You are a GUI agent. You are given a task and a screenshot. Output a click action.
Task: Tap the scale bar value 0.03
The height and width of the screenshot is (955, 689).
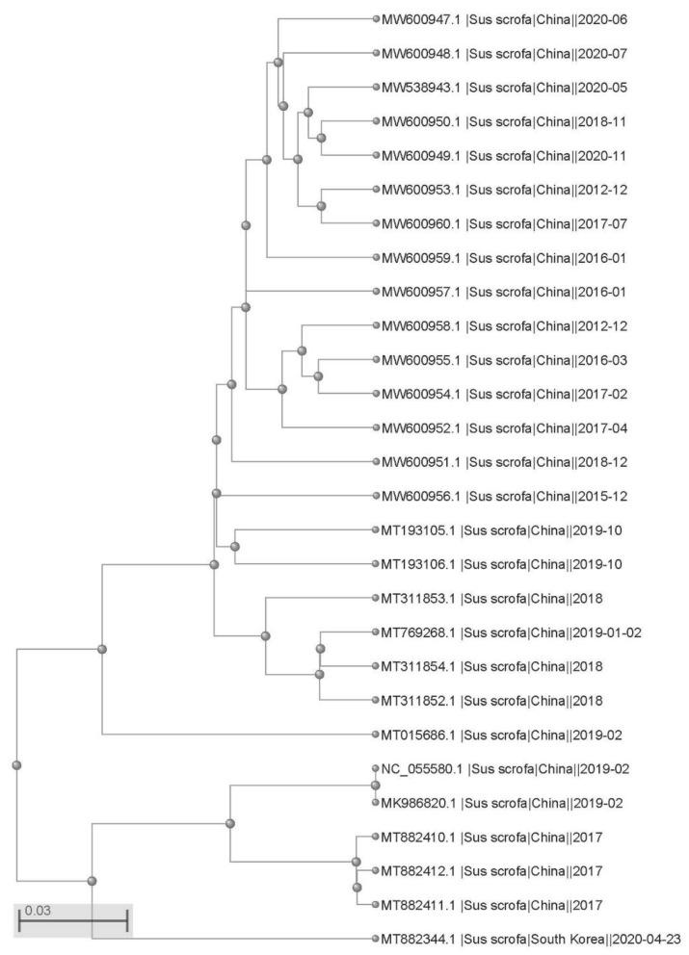coord(37,910)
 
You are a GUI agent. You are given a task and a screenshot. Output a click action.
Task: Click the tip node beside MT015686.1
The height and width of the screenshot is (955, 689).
coord(376,736)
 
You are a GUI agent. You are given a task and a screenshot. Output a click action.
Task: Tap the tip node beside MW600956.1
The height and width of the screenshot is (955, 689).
coord(376,496)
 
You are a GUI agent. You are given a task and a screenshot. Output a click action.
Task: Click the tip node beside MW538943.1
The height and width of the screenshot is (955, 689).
coord(376,88)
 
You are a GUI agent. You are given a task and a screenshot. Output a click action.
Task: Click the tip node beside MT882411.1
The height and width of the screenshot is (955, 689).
coord(376,905)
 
